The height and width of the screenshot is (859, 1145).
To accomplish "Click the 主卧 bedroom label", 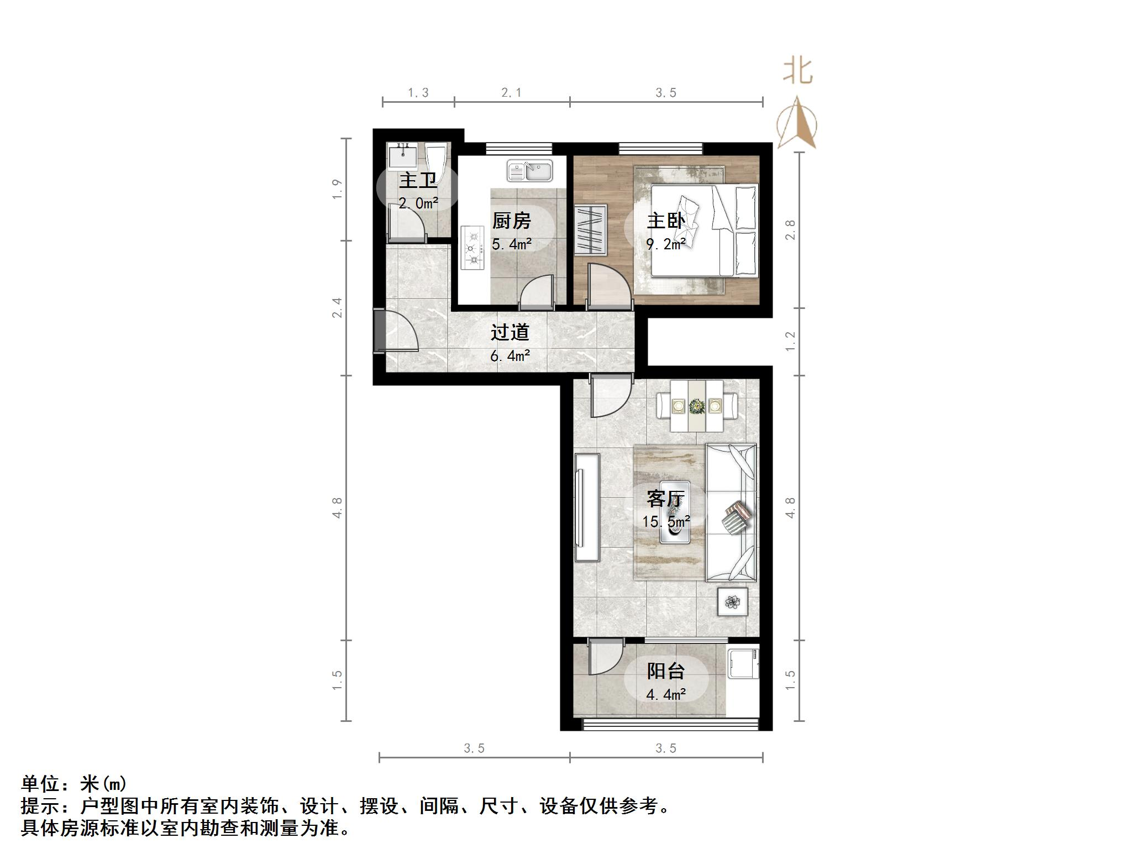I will click(x=665, y=221).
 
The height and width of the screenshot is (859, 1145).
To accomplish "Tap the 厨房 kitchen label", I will click(x=511, y=221).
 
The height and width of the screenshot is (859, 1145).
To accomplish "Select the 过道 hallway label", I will click(x=510, y=332).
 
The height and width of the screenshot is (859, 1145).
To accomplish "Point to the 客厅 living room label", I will click(x=665, y=499).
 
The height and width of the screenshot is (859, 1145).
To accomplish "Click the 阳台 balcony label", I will click(x=665, y=671).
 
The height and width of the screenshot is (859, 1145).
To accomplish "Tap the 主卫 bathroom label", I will click(x=418, y=180).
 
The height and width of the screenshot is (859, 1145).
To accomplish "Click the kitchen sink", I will click(x=530, y=171).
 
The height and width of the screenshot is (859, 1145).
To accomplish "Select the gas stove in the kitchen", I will click(x=472, y=248).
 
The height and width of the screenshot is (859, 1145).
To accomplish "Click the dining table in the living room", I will click(x=697, y=406).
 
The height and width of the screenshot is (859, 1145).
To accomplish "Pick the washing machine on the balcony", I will click(x=742, y=664).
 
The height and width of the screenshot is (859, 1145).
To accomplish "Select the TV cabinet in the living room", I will click(x=587, y=507).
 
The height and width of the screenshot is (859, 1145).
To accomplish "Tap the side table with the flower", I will click(x=732, y=601).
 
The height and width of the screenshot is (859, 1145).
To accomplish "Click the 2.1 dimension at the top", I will click(x=511, y=93).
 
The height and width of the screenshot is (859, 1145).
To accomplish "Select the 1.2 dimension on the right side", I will click(x=791, y=340).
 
